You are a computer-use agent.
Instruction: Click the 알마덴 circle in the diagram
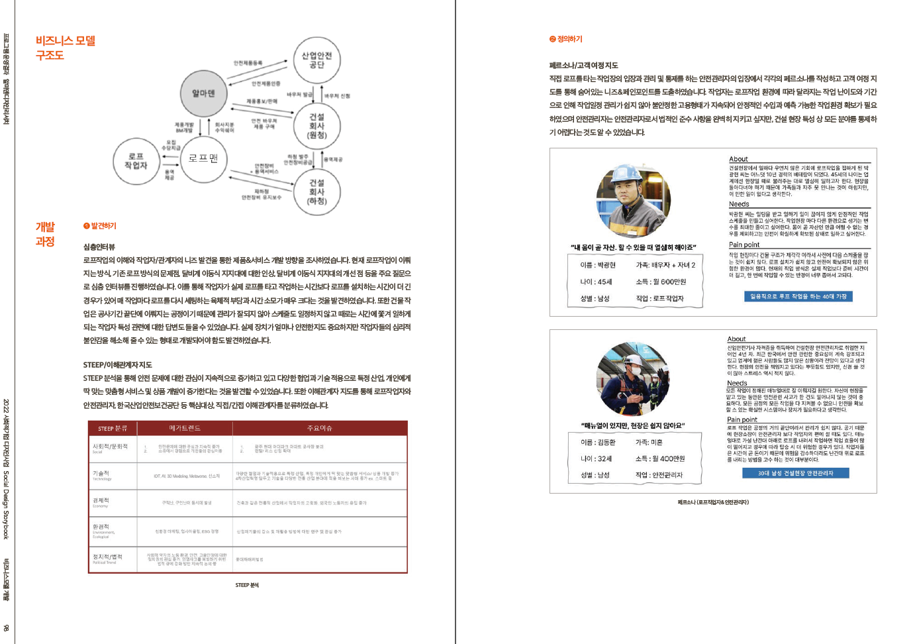(203, 93)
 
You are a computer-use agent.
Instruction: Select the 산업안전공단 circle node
(316, 60)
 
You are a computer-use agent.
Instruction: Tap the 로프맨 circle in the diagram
(203, 158)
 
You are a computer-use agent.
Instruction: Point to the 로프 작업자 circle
(136, 161)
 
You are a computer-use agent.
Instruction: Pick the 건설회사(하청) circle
(316, 191)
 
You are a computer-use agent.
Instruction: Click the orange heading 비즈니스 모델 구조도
(65, 48)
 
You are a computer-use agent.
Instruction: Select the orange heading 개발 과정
(45, 234)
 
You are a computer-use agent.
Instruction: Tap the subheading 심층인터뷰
(99, 246)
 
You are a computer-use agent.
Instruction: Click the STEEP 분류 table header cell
(113, 428)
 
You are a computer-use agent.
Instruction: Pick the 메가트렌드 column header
(185, 428)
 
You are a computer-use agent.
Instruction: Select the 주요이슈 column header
(319, 428)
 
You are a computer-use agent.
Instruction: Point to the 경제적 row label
(101, 501)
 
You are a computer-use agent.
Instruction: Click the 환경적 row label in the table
(101, 527)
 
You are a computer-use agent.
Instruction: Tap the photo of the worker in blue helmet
(633, 201)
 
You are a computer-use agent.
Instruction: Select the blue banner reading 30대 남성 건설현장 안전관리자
(795, 473)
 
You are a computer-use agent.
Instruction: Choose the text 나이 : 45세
(596, 282)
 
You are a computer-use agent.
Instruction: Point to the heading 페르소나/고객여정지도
(583, 66)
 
